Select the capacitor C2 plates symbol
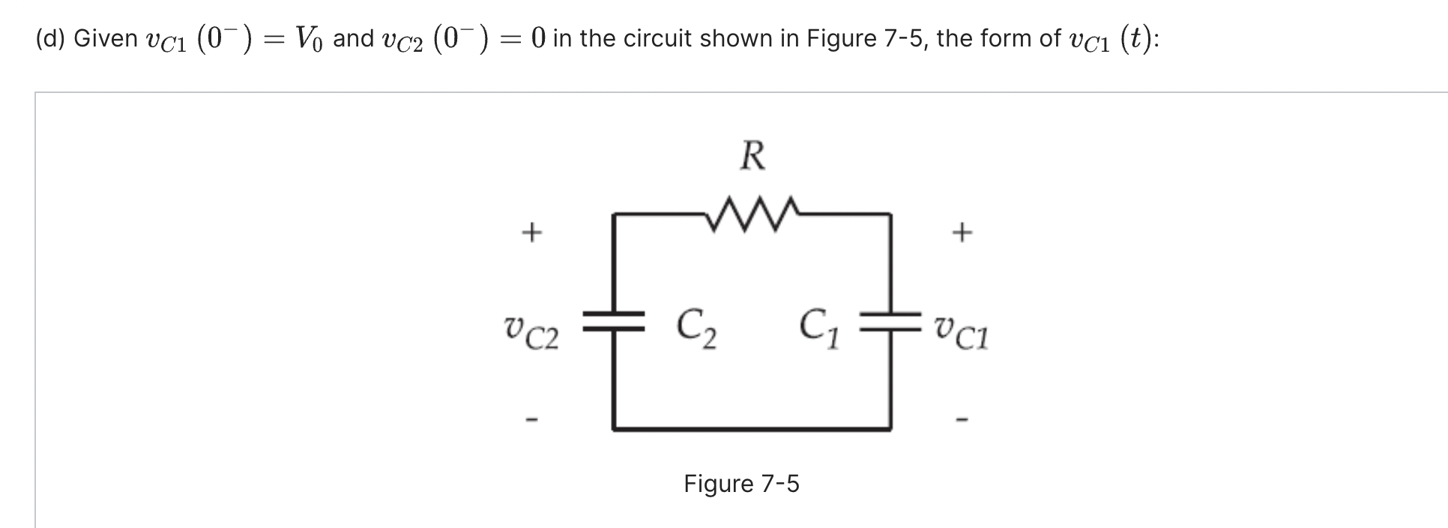click(615, 322)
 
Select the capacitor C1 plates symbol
click(890, 322)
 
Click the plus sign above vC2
click(531, 233)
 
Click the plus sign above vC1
click(962, 233)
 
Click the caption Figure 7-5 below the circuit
click(741, 484)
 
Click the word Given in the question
click(106, 38)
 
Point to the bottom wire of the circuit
click(752, 429)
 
